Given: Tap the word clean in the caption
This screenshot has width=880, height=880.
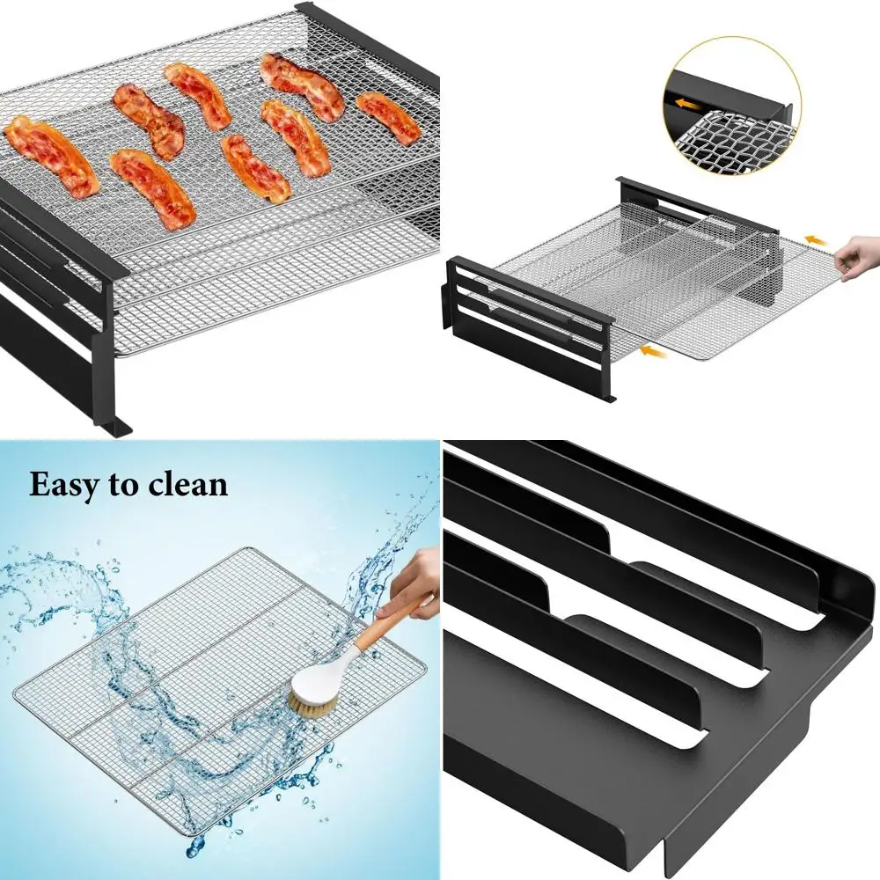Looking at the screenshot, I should click(187, 485).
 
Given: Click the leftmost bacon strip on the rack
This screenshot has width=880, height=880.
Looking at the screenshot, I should click(51, 156).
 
